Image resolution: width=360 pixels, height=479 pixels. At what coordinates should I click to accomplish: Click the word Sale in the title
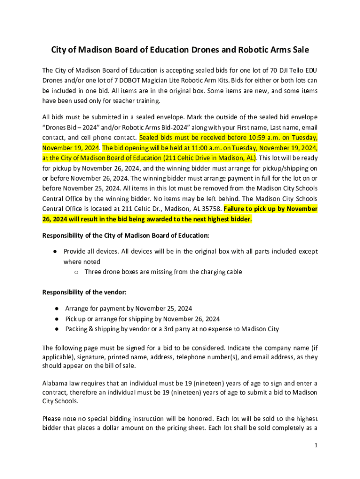click(x=298, y=50)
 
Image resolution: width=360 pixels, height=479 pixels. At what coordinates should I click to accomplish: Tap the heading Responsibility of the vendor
click(x=84, y=292)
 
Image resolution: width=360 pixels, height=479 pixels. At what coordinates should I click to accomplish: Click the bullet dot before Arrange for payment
click(x=56, y=309)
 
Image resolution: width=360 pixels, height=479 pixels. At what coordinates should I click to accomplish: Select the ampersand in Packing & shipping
click(x=91, y=329)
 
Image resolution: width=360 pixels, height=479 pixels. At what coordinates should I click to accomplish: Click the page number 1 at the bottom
click(x=316, y=446)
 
